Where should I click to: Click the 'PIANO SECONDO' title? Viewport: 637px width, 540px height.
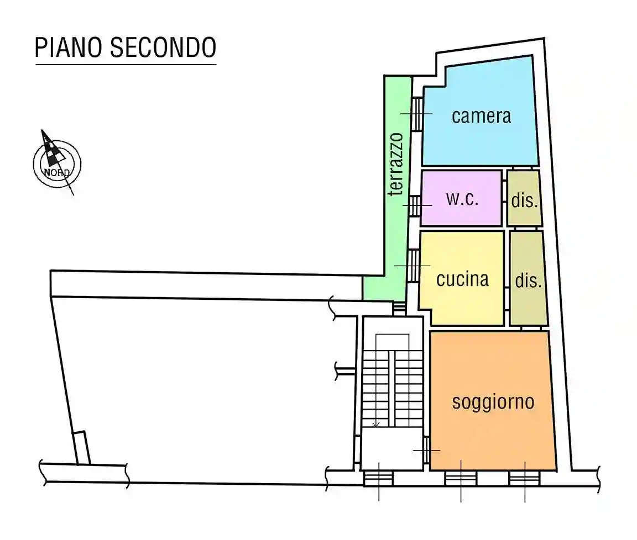pyautogui.click(x=125, y=47)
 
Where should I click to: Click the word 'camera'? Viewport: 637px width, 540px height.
pyautogui.click(x=481, y=116)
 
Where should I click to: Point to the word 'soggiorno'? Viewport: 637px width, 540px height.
pyautogui.click(x=493, y=401)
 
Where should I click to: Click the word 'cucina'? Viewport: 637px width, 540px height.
pyautogui.click(x=462, y=279)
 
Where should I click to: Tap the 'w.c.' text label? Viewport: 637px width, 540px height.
pyautogui.click(x=462, y=199)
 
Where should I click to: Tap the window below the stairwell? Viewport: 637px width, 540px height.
pyautogui.click(x=379, y=478)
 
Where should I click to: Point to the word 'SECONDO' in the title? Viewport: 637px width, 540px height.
pyautogui.click(x=163, y=47)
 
